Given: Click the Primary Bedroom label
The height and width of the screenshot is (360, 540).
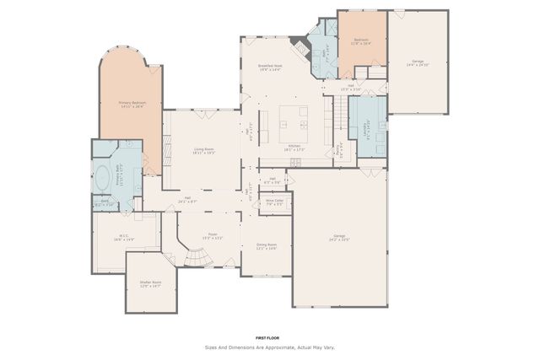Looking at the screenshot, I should point(131,105).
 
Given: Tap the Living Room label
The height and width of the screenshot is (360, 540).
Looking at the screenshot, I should point(203,151).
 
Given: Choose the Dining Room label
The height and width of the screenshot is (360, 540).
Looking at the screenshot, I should point(267,246).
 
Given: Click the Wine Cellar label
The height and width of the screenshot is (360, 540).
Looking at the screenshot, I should point(274,202).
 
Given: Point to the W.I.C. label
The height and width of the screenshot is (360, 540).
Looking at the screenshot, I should point(124,238).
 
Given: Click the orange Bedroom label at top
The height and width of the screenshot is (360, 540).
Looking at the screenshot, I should point(361,41).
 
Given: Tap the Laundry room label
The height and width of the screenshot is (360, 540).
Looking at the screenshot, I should point(367,129).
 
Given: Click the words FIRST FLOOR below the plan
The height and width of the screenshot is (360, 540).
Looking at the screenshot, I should point(268,336).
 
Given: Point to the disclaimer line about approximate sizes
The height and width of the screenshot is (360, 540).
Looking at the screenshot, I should point(268,347).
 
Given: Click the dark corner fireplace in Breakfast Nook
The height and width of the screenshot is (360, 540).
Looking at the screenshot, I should point(294,42).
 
